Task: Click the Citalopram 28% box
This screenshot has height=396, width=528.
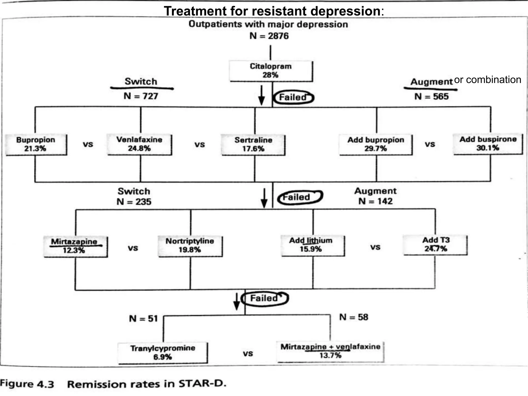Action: [x=271, y=71]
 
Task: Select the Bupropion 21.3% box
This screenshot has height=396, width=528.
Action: [x=36, y=144]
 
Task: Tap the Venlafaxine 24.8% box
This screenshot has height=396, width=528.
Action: [x=139, y=144]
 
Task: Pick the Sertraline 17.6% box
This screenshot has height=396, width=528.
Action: [x=253, y=145]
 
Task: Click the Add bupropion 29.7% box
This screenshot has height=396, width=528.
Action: [x=376, y=144]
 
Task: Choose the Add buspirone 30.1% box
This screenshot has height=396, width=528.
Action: [x=488, y=144]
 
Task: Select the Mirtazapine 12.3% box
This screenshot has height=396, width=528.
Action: [x=75, y=246]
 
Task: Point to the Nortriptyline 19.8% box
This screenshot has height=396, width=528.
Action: [x=190, y=246]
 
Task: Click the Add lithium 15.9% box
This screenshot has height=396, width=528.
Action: [x=312, y=245]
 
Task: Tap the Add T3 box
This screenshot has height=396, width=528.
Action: [x=435, y=245]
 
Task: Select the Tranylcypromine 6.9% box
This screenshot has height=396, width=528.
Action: [x=162, y=352]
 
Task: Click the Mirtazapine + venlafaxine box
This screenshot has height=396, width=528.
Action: [x=330, y=351]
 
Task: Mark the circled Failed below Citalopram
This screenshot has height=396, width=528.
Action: [x=293, y=97]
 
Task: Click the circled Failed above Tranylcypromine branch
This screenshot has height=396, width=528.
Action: [x=265, y=299]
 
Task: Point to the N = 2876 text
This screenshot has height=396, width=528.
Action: [x=269, y=36]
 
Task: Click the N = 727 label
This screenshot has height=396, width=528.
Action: [x=141, y=96]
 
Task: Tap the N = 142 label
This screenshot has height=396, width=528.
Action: [x=375, y=201]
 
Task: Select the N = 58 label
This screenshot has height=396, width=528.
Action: [x=353, y=317]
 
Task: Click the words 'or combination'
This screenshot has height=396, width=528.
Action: [x=488, y=80]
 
